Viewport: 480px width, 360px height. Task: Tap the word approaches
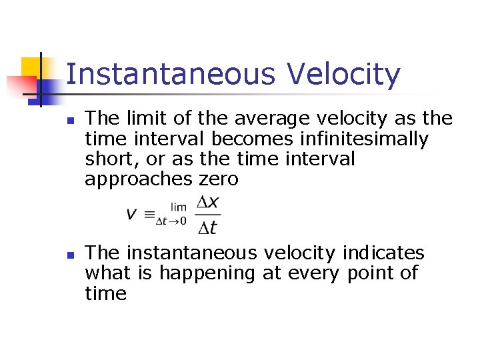pyautogui.click(x=139, y=179)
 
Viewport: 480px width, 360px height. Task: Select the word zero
pyautogui.click(x=219, y=179)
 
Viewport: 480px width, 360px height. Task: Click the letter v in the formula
pyautogui.click(x=132, y=214)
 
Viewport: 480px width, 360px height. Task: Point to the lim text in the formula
pyautogui.click(x=179, y=207)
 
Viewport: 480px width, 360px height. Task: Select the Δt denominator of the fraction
pyautogui.click(x=208, y=227)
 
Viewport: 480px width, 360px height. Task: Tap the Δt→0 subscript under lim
pyautogui.click(x=171, y=221)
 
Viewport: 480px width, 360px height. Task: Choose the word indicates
pyautogui.click(x=383, y=253)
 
